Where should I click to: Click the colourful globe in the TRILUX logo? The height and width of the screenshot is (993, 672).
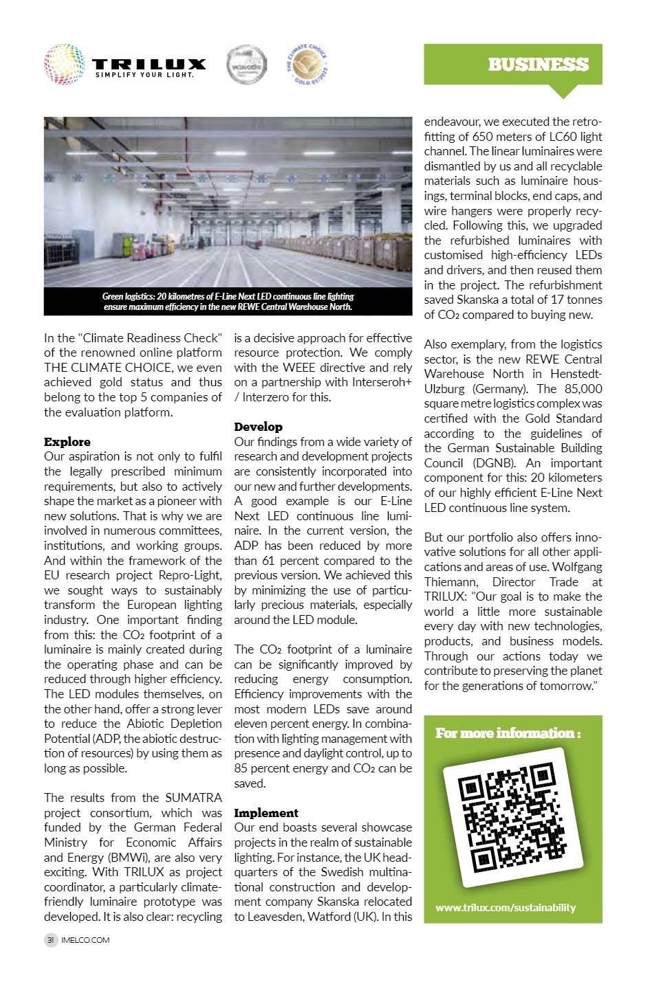coord(64,65)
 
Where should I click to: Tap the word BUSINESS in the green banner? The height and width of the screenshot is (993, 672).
coord(538,65)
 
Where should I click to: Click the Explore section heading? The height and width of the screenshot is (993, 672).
coord(67,441)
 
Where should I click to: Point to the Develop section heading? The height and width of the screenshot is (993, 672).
coord(258,427)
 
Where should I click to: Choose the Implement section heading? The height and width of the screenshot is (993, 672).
coord(266,812)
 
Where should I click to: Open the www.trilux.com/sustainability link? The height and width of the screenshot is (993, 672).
coord(506,907)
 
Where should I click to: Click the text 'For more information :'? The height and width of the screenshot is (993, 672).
coord(508,733)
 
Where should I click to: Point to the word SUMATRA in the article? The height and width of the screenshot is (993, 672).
coord(193,798)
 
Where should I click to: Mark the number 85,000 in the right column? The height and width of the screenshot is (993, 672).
coord(581,389)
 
